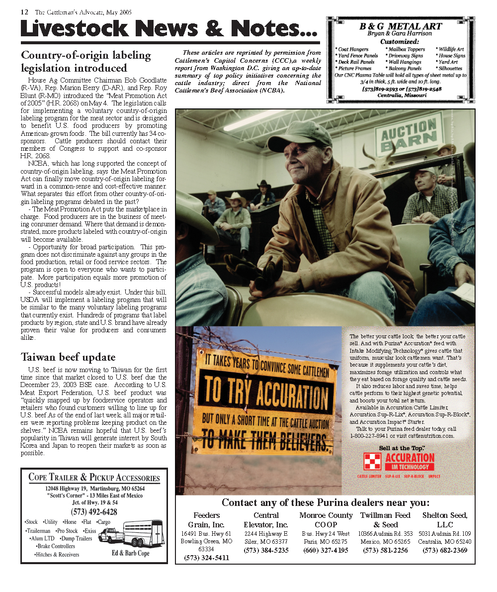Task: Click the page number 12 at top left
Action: click(x=24, y=12)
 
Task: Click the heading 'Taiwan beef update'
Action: click(x=68, y=357)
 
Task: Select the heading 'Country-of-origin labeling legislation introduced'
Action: click(x=85, y=62)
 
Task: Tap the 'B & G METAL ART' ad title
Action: click(x=400, y=26)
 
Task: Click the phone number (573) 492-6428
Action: click(x=94, y=512)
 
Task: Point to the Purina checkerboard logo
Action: click(x=373, y=462)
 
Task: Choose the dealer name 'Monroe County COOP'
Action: click(x=326, y=520)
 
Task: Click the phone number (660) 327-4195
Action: click(x=326, y=550)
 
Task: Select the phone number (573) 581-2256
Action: click(x=385, y=550)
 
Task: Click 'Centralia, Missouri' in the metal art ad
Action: click(x=402, y=95)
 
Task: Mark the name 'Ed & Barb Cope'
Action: click(x=131, y=553)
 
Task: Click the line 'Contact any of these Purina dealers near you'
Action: click(x=326, y=502)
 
